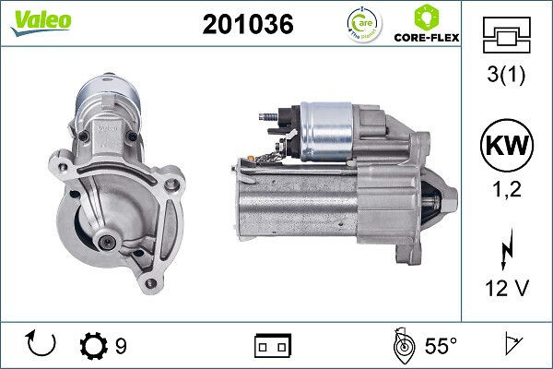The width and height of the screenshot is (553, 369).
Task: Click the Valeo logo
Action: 41,20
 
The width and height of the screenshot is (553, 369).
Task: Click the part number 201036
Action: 247,25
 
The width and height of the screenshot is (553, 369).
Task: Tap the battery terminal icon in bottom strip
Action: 273,346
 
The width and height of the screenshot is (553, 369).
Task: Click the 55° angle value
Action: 441,346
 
